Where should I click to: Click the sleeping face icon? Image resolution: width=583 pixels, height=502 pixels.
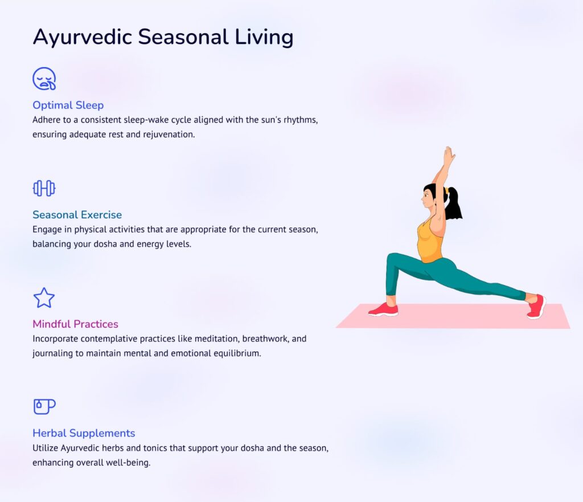tap(44, 79)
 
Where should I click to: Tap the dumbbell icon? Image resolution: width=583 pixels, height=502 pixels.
tap(44, 188)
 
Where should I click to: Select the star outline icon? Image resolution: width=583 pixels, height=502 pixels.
tap(44, 297)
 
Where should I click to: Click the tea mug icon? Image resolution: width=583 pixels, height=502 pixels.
tap(44, 406)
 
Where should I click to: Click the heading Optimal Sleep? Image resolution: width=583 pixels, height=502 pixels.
tap(68, 105)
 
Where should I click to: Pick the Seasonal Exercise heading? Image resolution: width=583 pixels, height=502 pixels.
tap(77, 215)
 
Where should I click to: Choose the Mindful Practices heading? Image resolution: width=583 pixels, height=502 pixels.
tap(75, 324)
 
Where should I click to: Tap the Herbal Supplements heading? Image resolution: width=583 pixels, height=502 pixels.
tap(84, 434)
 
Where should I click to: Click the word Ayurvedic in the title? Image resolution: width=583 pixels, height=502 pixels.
tap(83, 38)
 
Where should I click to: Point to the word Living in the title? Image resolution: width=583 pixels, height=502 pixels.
tap(264, 38)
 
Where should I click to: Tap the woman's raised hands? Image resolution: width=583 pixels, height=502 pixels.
tap(449, 156)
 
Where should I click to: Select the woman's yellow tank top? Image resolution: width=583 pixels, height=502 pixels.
tap(430, 241)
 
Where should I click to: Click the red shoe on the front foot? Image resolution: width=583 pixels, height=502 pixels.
tap(383, 309)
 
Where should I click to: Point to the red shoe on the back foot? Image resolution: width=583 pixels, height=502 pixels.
tap(536, 306)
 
